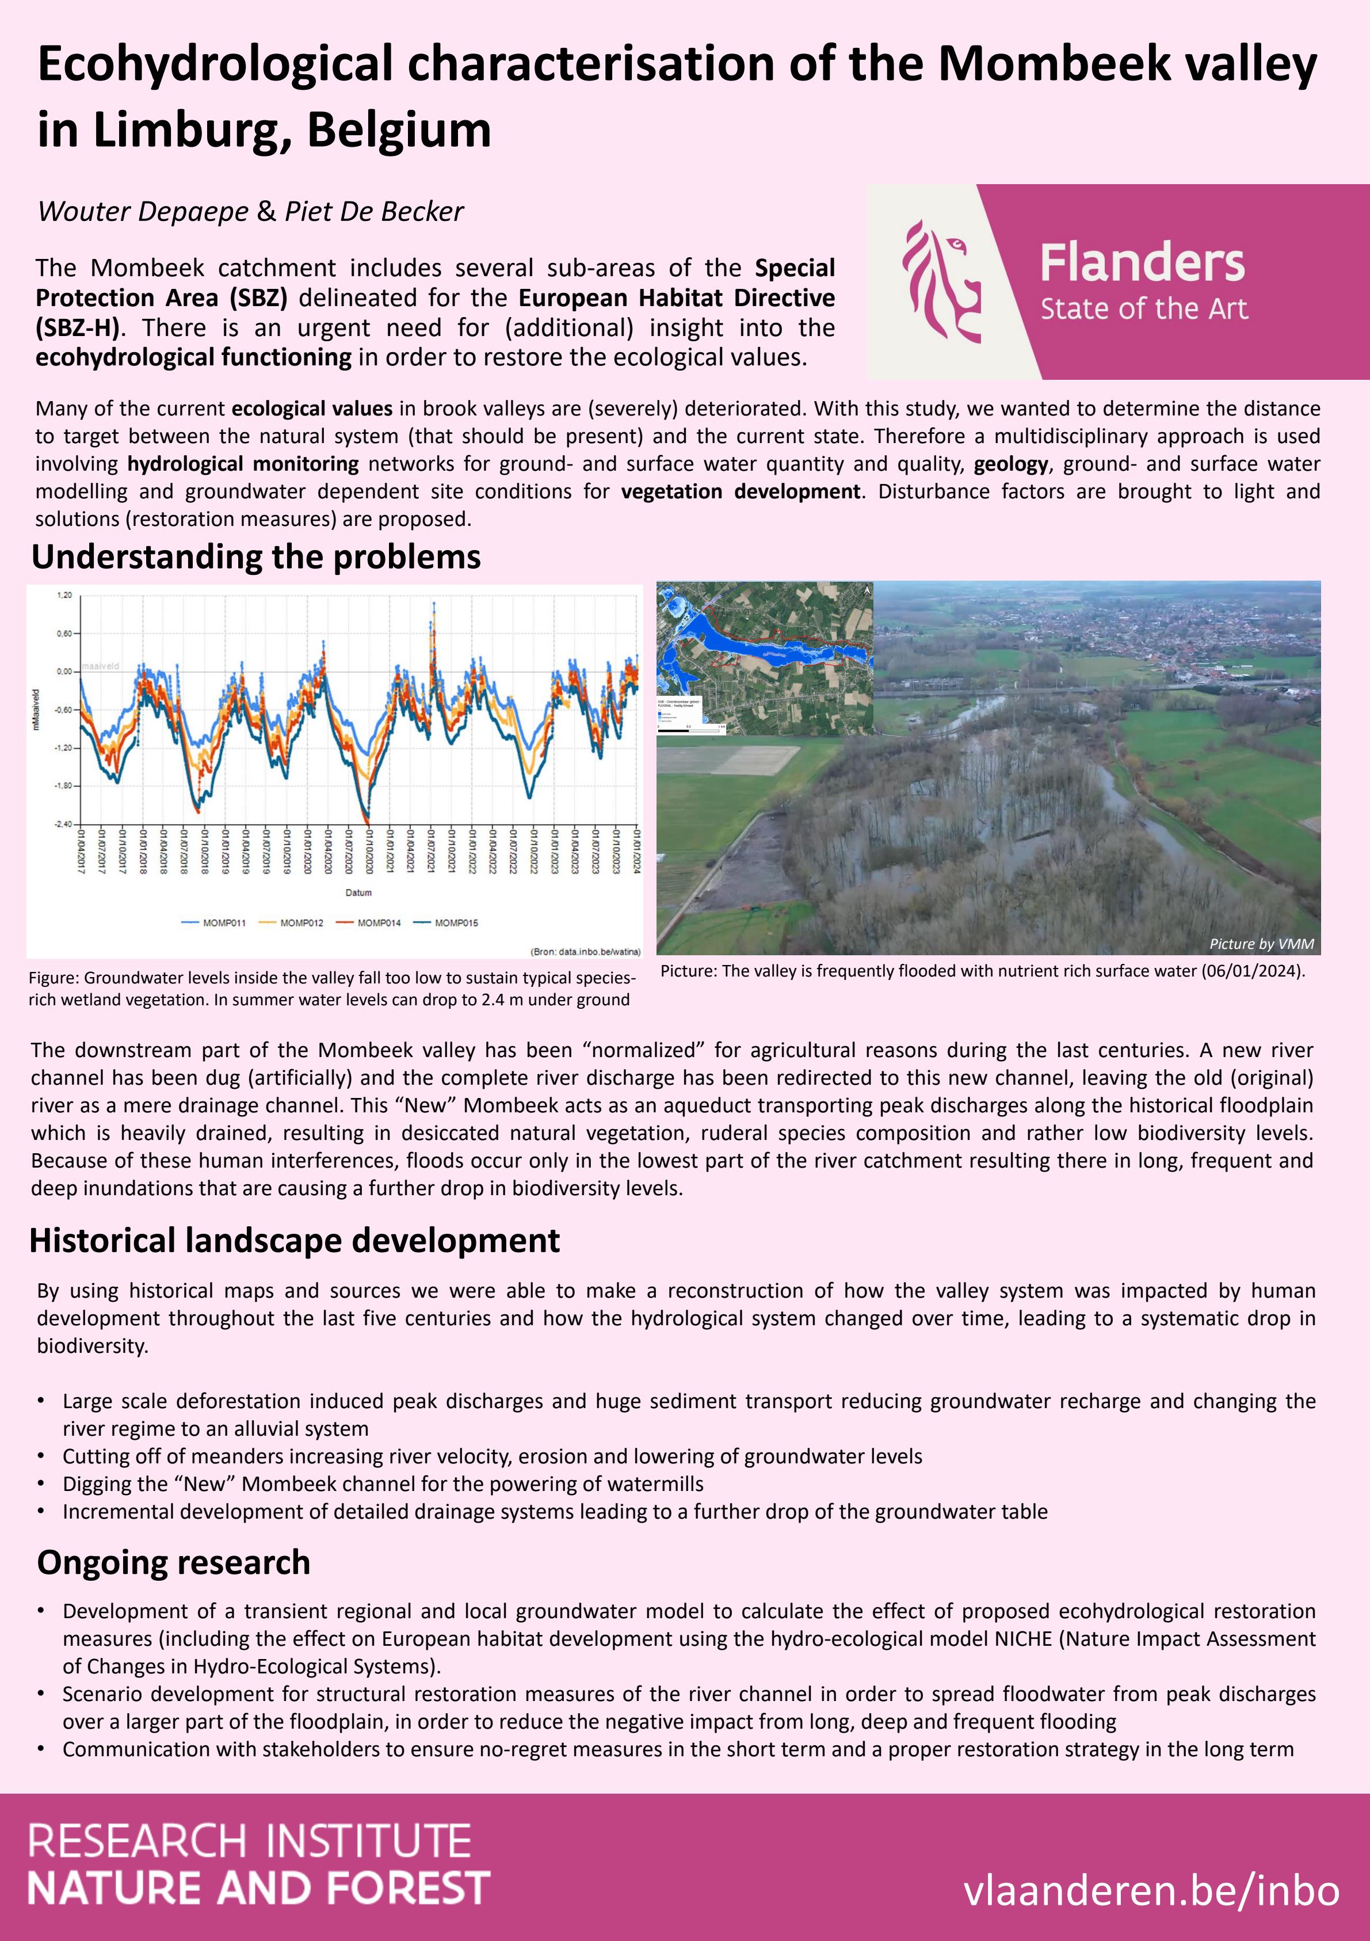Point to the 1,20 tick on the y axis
(x=64, y=595)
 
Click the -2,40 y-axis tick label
(x=63, y=824)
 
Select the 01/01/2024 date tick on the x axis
(x=636, y=851)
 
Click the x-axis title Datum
(x=358, y=893)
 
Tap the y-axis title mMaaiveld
(x=36, y=710)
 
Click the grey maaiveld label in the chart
(x=101, y=666)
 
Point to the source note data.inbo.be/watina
(x=585, y=952)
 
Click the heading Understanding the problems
(x=256, y=557)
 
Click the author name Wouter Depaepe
(x=143, y=211)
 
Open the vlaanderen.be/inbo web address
(x=1151, y=1890)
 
